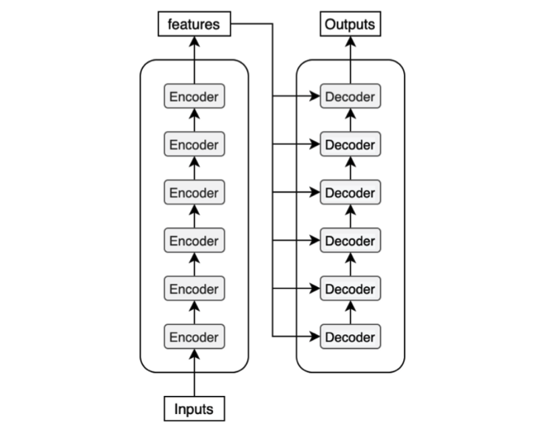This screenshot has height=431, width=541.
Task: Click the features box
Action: tap(194, 24)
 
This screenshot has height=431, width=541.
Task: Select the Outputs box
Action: tap(350, 24)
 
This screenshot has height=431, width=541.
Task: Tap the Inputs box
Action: tap(194, 409)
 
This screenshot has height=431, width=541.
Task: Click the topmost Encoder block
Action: tap(194, 96)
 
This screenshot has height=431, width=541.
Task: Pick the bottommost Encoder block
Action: tap(194, 336)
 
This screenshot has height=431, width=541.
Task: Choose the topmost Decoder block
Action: tap(350, 96)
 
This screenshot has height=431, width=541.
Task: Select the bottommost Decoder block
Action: tap(350, 336)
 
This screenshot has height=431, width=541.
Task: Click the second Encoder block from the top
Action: tap(194, 144)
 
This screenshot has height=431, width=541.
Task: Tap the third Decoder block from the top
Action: tap(350, 192)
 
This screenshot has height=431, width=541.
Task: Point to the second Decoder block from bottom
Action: tap(350, 288)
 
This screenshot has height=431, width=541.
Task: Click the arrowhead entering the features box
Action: tap(194, 42)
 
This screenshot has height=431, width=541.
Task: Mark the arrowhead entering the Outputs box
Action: tap(350, 42)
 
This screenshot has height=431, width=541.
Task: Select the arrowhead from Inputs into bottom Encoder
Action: tap(194, 355)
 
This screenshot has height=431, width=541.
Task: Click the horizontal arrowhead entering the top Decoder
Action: tap(314, 96)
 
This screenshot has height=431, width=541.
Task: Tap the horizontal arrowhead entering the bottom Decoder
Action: tap(314, 336)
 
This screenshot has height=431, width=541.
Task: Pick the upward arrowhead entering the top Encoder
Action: tap(194, 114)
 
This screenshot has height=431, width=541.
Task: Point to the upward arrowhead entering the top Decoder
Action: tap(350, 114)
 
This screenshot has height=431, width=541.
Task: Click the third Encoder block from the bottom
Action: tap(194, 240)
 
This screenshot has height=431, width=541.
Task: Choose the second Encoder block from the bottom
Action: tap(194, 288)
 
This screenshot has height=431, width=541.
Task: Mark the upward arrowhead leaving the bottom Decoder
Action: tap(350, 306)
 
